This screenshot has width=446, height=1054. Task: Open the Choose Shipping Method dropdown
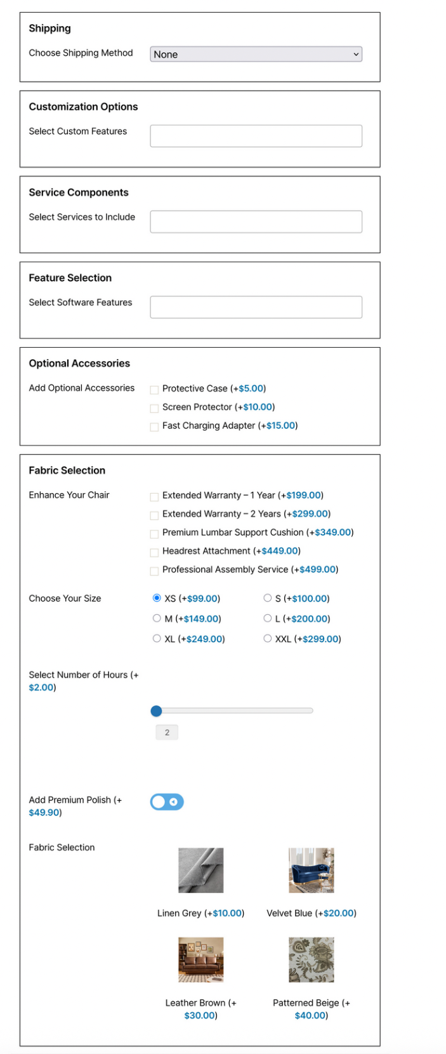[256, 55]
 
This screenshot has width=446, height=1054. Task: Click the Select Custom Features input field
[256, 136]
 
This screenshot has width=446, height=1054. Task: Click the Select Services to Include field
[256, 221]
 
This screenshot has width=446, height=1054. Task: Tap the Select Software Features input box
[256, 307]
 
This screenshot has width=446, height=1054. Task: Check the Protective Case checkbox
[154, 390]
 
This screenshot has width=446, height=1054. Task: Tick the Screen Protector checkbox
[154, 408]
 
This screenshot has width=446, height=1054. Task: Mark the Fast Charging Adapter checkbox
[154, 426]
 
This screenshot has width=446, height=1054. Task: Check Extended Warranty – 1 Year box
[154, 496]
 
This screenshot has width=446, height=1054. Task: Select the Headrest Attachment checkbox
[154, 552]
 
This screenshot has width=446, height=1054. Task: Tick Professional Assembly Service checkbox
[154, 570]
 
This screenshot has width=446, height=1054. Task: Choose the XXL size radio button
[268, 638]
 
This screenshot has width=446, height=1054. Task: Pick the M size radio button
[157, 618]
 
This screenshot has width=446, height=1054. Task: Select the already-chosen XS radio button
[157, 598]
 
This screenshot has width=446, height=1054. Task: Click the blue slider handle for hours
[157, 711]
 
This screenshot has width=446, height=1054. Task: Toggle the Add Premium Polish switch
[167, 802]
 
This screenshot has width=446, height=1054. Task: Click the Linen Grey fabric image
[200, 871]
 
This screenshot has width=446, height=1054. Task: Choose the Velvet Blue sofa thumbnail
[311, 871]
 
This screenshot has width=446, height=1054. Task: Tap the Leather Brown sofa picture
[200, 960]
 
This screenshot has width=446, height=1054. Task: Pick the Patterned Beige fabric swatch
[311, 960]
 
